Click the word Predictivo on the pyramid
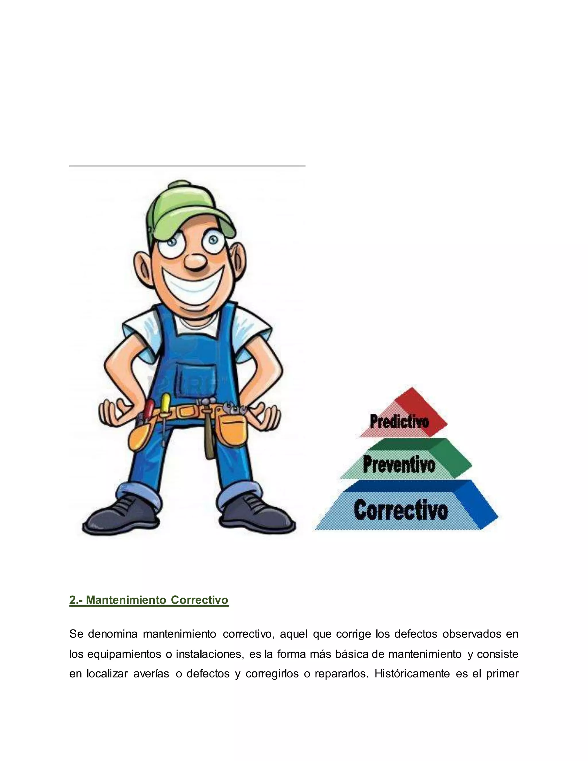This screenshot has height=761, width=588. click(399, 421)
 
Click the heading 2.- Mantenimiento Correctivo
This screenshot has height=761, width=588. click(149, 600)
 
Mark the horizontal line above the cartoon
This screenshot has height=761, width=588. click(187, 166)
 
